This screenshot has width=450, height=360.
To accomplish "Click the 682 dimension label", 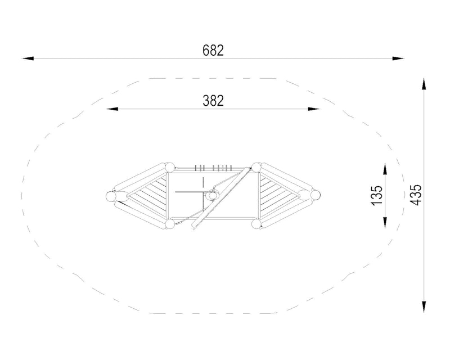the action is click(213, 51).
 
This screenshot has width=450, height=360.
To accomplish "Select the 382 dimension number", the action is click(213, 101).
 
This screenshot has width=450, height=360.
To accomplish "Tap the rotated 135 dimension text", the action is click(377, 196).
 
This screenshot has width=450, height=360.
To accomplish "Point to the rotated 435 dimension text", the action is click(416, 195).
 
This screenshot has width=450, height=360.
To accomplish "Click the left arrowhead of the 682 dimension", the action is click(28, 58).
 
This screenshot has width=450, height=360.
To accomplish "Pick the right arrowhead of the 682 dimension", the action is click(398, 58).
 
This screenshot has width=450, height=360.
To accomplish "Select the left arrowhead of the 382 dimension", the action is click(112, 109).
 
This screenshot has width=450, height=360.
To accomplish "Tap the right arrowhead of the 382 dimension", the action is click(314, 109).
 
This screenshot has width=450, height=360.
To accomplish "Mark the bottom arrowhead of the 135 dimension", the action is click(385, 223).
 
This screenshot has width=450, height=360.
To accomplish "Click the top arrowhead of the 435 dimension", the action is click(424, 84).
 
